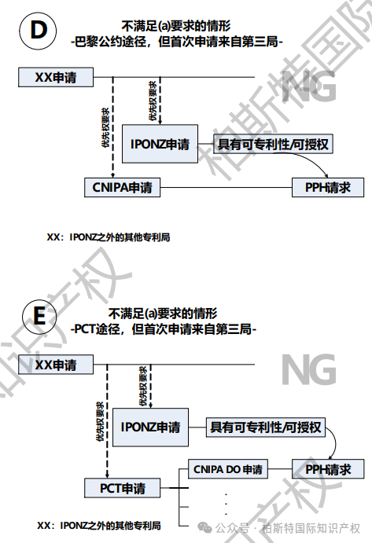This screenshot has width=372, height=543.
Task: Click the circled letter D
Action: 38,30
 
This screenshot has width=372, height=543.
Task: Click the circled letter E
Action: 39,317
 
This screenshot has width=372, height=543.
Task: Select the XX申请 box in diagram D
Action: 56,77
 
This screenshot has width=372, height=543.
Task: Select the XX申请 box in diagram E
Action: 56,365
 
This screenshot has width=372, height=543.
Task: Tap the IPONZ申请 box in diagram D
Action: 160,144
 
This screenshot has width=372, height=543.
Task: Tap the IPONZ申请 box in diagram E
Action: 150,427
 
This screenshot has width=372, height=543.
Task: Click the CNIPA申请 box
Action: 123,187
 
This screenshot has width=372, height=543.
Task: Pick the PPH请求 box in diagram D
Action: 328,187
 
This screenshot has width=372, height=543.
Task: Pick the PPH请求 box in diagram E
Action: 328,469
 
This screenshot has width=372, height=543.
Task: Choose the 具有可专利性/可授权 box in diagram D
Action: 273,144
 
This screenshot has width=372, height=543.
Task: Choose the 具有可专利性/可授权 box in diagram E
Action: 266,427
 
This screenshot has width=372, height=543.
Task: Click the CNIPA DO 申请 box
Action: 228,469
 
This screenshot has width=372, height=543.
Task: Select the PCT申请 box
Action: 123,488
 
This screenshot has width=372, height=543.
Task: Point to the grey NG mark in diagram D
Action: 308,86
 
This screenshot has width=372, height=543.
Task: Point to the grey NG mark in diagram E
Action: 308,369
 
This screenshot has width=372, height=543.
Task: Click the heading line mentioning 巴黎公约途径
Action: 176,42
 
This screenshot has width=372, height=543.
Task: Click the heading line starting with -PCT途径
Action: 164,328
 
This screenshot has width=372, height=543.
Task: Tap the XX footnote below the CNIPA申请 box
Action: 109,237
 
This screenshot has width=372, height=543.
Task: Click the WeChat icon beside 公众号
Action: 204,528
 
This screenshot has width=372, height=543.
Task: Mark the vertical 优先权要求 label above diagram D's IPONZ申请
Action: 153,101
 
